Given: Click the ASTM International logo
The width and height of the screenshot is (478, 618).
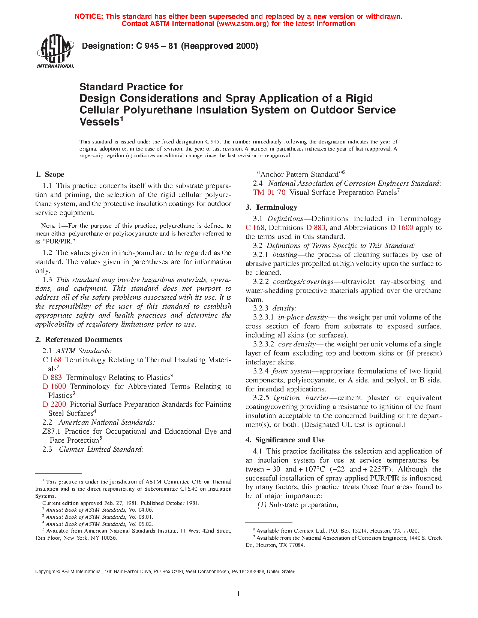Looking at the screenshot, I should pyautogui.click(x=55, y=52).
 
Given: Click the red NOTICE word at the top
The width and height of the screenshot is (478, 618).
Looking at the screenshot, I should pyautogui.click(x=88, y=16).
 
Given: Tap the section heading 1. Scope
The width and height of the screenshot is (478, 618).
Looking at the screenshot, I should pyautogui.click(x=50, y=175).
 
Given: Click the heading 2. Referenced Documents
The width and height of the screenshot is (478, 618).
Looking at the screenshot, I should pyautogui.click(x=79, y=340).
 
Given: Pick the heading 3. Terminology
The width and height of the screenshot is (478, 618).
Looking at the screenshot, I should pyautogui.click(x=271, y=207).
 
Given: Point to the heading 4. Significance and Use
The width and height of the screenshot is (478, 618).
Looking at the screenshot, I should pyautogui.click(x=285, y=440).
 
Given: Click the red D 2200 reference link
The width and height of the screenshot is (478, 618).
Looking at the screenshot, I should pyautogui.click(x=54, y=405).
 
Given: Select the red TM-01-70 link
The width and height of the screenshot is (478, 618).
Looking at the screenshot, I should pyautogui.click(x=269, y=193).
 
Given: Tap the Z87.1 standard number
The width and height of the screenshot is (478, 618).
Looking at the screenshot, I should pyautogui.click(x=52, y=431).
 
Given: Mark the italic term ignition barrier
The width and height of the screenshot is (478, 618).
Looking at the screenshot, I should pyautogui.click(x=301, y=398).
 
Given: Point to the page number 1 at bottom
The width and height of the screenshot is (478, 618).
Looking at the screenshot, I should pyautogui.click(x=238, y=593).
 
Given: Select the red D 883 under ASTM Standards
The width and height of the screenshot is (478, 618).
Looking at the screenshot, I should pyautogui.click(x=52, y=378).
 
